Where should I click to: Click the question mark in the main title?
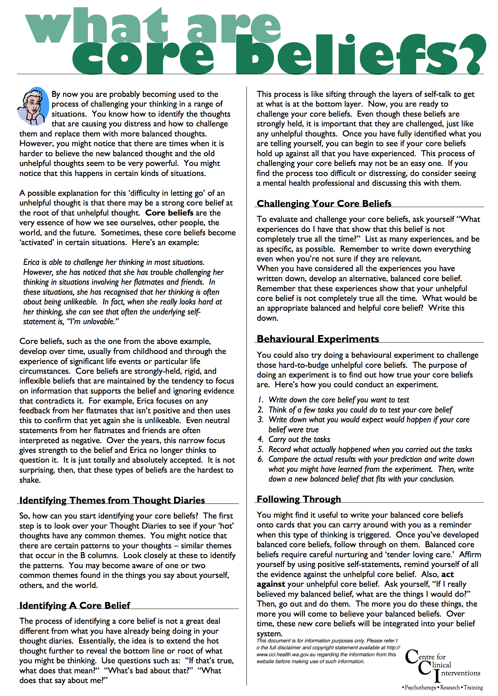click(x=474, y=54)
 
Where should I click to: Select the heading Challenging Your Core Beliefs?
click(x=324, y=204)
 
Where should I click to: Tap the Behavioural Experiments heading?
click(x=318, y=339)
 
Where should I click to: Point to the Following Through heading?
click(x=299, y=499)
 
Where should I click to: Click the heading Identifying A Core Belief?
click(x=75, y=605)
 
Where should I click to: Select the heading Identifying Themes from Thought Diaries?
click(x=112, y=500)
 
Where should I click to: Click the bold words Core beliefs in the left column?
click(x=169, y=213)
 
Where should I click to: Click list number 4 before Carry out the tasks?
click(x=260, y=439)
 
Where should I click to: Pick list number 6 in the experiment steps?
click(x=260, y=459)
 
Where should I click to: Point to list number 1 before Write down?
click(x=261, y=400)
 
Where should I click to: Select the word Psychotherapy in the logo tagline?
click(x=421, y=688)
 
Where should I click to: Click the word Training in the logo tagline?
click(x=473, y=688)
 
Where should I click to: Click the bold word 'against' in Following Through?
click(x=271, y=584)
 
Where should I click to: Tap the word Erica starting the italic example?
click(x=31, y=262)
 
